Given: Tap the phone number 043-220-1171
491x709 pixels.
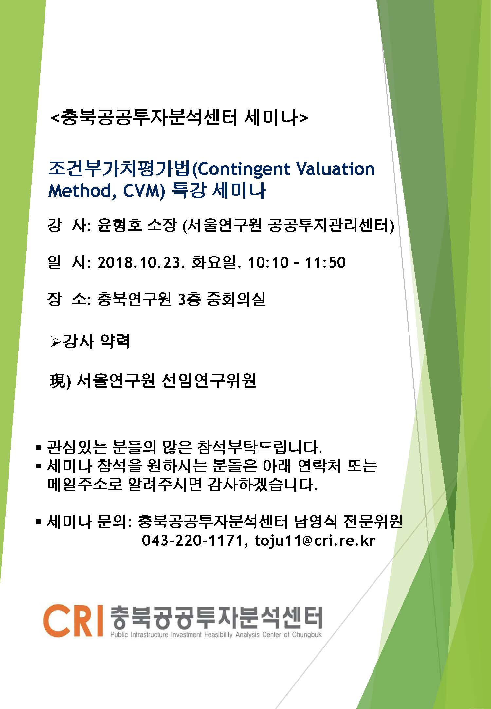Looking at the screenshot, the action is point(191,541).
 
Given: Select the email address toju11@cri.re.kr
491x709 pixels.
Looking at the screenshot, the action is point(314,541).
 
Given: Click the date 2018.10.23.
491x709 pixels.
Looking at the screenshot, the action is point(139,263).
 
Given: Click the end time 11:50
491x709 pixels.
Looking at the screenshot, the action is point(325,263).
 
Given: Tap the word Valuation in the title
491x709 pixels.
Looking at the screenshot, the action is point(335,169).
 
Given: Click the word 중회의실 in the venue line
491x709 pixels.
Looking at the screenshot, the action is point(236,299).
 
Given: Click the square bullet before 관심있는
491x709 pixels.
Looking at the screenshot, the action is point(39,447).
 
